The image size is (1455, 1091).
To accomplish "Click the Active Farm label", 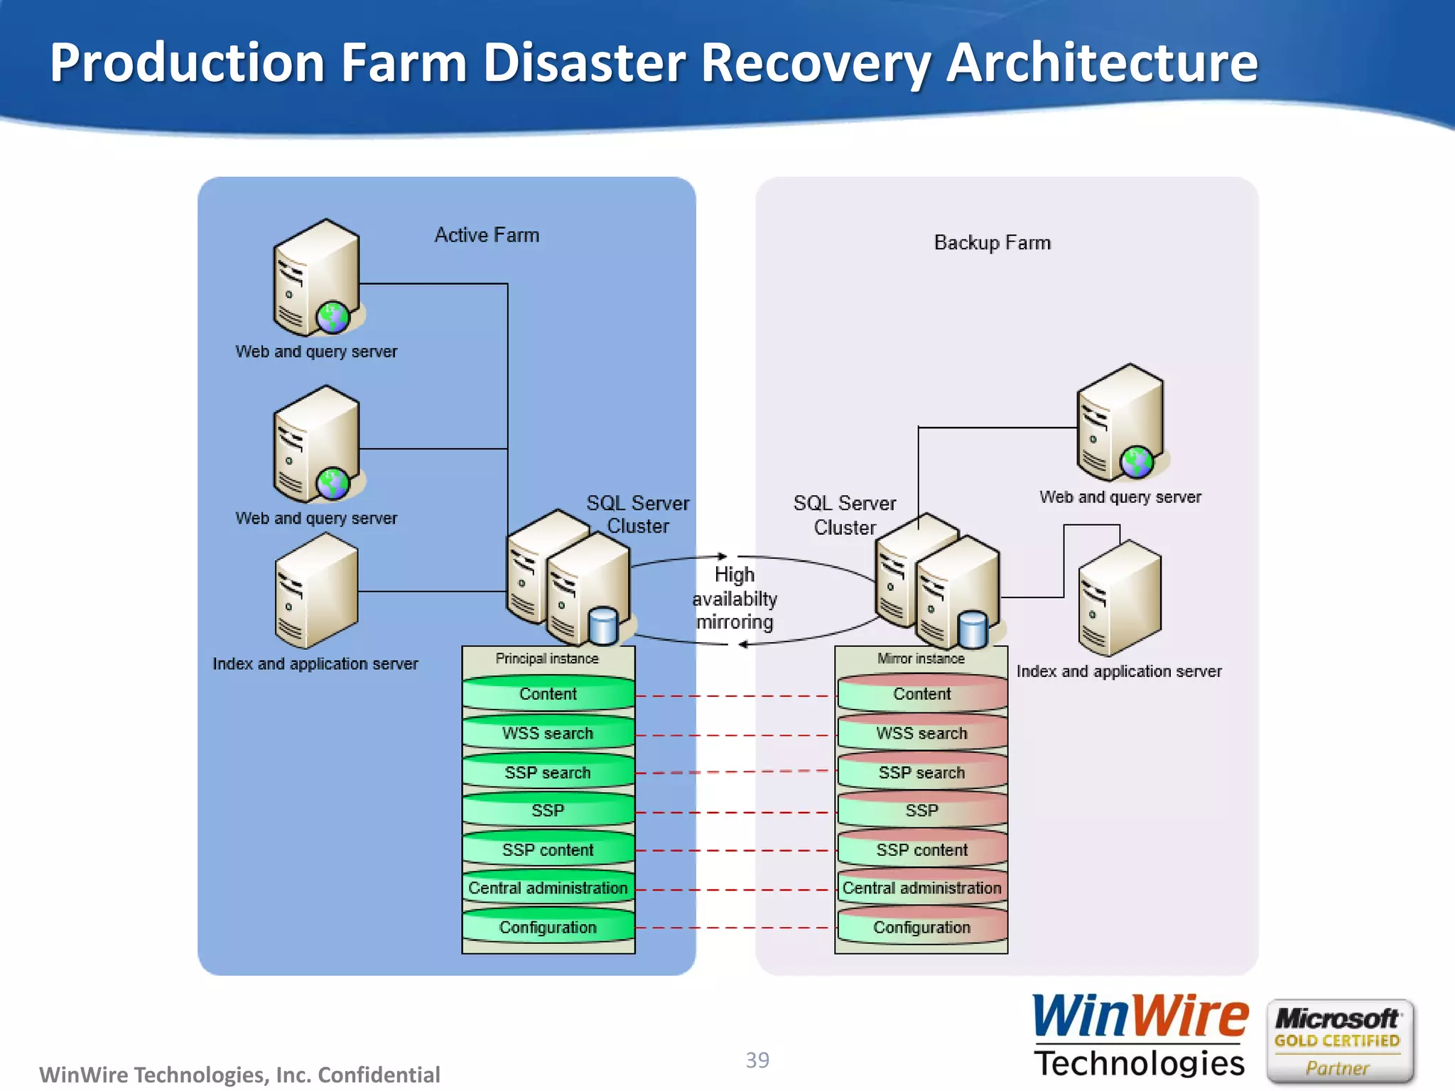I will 487,235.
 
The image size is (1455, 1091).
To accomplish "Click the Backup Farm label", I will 992,243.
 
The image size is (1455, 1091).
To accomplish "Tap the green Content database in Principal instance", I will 548,694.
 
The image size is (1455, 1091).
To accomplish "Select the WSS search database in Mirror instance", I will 921,733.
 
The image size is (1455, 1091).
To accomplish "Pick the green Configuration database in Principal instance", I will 548,927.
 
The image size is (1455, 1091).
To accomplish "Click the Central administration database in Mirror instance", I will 921,888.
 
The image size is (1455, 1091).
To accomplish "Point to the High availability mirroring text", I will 735,598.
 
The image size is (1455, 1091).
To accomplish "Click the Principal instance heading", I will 547,658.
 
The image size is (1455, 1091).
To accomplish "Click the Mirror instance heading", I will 921,658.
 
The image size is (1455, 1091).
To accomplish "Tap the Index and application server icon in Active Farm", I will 316,591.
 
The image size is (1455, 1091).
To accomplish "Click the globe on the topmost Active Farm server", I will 332,317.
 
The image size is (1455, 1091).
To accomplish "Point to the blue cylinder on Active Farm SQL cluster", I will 603,626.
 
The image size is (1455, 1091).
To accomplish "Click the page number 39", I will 757,1060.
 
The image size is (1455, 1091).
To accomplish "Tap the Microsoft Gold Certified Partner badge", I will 1338,1041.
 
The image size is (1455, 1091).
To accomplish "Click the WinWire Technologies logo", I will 1139,1036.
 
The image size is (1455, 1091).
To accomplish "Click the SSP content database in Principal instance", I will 548,850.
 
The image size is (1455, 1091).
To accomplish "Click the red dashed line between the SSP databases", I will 735,812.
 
